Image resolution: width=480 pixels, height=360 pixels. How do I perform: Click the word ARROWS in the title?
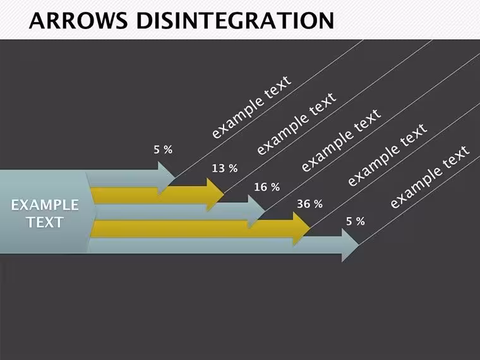[x=78, y=20]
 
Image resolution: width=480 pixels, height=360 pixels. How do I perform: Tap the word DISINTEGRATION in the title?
[x=235, y=20]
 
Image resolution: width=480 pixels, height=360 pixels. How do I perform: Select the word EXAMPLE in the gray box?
[x=45, y=205]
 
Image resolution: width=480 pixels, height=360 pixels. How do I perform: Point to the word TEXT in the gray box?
[x=45, y=222]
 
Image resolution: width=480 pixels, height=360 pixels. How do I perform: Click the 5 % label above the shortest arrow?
[x=163, y=150]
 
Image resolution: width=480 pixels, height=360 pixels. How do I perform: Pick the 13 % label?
[x=225, y=168]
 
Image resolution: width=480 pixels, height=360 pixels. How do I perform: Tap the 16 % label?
[x=267, y=187]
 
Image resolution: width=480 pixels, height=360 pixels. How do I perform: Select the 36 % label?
[x=310, y=204]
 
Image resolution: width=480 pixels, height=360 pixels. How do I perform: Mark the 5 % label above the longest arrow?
[x=356, y=221]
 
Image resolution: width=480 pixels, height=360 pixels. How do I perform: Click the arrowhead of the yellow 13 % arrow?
[x=215, y=195]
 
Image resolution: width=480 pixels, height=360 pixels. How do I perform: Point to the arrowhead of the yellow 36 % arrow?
[x=301, y=229]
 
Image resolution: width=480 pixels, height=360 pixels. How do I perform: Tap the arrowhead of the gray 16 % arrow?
[x=256, y=212]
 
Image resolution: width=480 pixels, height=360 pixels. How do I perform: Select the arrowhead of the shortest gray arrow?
[x=166, y=178]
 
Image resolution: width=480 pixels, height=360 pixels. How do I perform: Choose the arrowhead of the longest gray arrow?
[x=350, y=245]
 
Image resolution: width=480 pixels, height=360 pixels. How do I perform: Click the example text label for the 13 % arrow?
[x=296, y=124]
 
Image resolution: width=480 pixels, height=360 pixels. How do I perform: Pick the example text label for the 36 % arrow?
[x=387, y=155]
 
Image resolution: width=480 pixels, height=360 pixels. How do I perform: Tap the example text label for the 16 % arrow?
[x=341, y=140]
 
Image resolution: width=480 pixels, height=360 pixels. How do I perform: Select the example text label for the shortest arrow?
[x=251, y=107]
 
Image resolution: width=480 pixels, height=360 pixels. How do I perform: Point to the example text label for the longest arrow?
[x=429, y=177]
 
